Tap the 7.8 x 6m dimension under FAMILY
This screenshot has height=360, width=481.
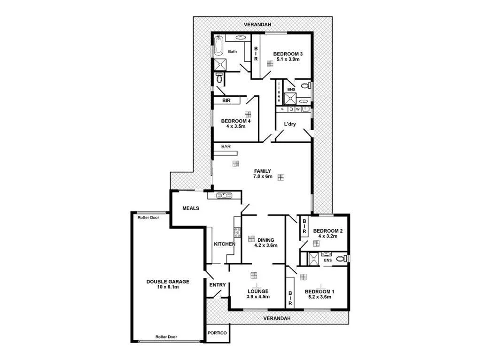(263, 177)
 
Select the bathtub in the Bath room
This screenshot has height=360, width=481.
(218, 46)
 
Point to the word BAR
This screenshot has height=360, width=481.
(226, 147)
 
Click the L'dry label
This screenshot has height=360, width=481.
(289, 124)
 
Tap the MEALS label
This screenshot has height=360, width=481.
(192, 208)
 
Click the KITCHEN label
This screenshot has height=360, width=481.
(224, 245)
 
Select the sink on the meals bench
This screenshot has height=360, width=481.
(224, 195)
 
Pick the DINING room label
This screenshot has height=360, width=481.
(265, 240)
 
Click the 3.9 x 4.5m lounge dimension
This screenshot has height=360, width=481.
(258, 297)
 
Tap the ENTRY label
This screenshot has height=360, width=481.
(217, 285)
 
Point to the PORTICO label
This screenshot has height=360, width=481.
(217, 333)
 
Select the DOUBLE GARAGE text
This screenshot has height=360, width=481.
(168, 282)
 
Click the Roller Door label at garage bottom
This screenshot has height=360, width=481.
(167, 337)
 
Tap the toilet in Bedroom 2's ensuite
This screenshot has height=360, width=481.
(345, 258)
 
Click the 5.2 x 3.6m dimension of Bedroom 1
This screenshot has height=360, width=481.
(319, 297)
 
